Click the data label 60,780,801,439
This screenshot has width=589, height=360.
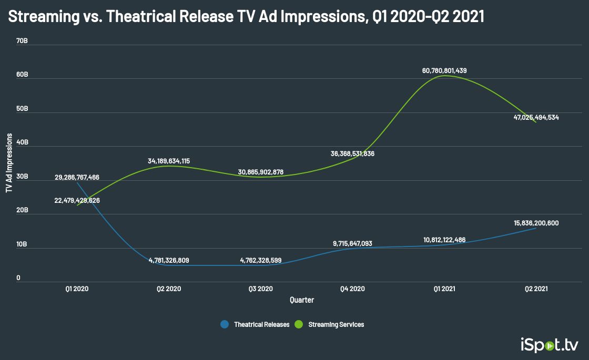(x=444, y=70)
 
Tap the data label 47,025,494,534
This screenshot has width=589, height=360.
(x=536, y=117)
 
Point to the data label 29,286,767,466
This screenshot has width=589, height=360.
(x=77, y=178)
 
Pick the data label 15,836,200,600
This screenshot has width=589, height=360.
(x=536, y=223)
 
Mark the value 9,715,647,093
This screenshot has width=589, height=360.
(x=352, y=243)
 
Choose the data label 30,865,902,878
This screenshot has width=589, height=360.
(x=261, y=172)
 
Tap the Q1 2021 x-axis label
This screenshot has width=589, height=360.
(x=444, y=289)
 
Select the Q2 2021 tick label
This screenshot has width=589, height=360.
(x=536, y=289)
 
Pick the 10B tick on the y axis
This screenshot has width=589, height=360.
(x=22, y=244)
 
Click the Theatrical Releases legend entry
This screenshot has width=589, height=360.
(x=256, y=324)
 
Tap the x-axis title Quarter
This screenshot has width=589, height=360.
(x=302, y=300)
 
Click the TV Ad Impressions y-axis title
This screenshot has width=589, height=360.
(x=9, y=163)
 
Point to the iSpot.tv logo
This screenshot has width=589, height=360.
(x=549, y=345)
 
